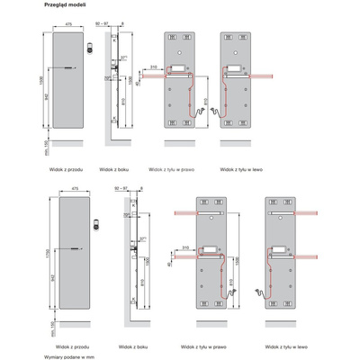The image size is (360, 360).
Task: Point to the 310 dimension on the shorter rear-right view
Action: pyautogui.click(x=156, y=66)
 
